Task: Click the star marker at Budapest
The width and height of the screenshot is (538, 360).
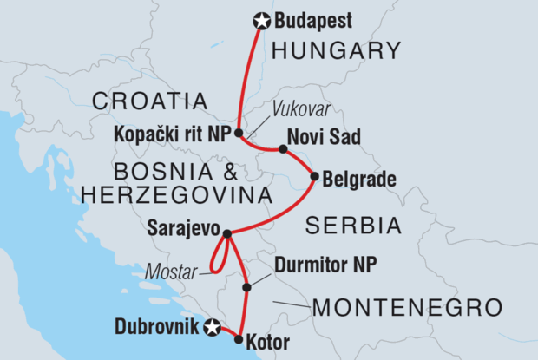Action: [x=259, y=21]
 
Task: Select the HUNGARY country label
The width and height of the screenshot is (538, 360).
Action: [x=339, y=51]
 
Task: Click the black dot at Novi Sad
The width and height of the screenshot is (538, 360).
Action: [x=283, y=149]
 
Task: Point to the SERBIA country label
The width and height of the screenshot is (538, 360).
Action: [x=353, y=227]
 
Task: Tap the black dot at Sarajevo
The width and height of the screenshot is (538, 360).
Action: [x=226, y=233]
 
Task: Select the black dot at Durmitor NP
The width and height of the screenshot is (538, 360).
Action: [x=247, y=287]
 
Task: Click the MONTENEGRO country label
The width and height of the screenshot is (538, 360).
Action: [x=408, y=307]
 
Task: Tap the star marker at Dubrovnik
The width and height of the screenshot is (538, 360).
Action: [x=211, y=327]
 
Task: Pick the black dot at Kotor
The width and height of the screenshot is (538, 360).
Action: [x=238, y=339]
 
